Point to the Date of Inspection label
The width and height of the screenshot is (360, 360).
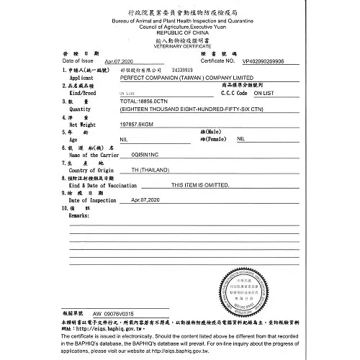coord(92,200)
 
